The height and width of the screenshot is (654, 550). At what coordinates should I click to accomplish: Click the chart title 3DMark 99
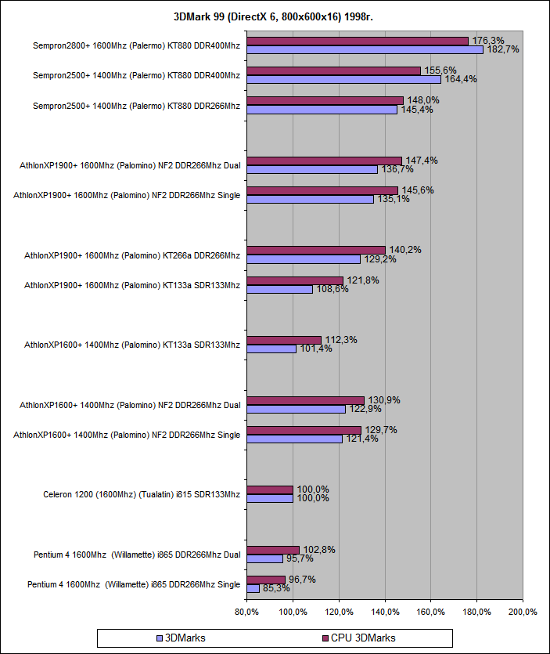pos(275,16)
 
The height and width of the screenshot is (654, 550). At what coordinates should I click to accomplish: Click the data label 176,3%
pos(487,41)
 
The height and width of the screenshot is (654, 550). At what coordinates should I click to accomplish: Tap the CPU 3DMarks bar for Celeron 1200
pos(270,490)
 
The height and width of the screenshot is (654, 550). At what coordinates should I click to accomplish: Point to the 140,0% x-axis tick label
pos(385,612)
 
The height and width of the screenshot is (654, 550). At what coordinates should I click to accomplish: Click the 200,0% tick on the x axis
pos(523,612)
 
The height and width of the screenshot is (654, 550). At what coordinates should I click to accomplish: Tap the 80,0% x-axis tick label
pos(246,612)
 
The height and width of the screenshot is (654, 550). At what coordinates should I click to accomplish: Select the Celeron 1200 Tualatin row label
pos(141,494)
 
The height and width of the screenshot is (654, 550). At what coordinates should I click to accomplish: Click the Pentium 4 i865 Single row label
pos(133,584)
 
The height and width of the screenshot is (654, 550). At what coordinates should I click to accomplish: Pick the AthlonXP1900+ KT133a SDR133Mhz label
pos(131,285)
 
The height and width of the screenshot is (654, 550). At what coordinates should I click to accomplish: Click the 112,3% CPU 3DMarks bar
pos(284,340)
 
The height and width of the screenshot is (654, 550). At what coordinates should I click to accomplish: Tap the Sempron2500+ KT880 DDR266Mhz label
pos(136,105)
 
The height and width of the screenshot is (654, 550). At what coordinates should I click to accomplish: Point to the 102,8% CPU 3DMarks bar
pos(273,550)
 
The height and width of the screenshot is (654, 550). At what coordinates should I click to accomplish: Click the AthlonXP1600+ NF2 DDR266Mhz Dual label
pos(130,405)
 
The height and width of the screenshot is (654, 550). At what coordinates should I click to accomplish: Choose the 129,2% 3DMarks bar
pos(304,259)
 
